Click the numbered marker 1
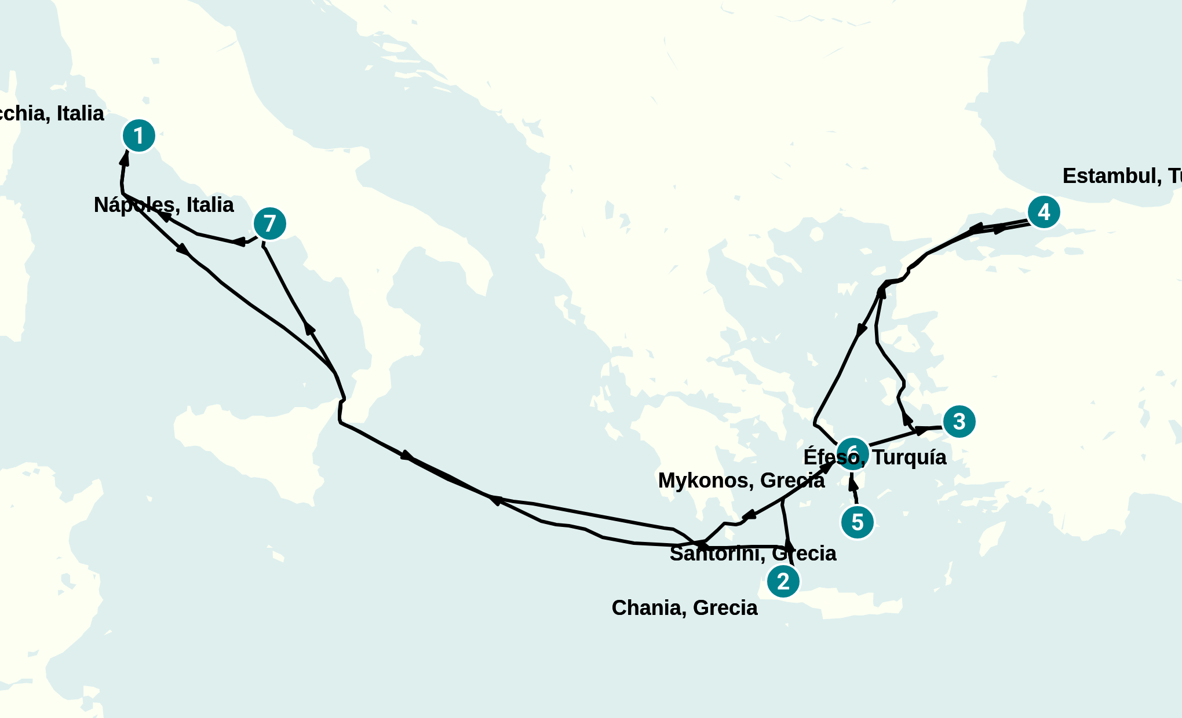coord(138,136)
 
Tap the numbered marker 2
coord(783,581)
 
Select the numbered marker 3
coord(959,422)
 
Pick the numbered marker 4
coord(1044,213)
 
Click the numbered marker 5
coord(857,522)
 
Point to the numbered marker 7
coord(269,224)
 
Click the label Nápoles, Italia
coord(163,205)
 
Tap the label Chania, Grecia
coord(684,608)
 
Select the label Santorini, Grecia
coord(753,554)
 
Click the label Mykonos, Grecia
coord(741,481)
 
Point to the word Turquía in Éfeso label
coord(909,457)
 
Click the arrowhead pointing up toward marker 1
coord(125,158)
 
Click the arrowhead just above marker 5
coord(853,482)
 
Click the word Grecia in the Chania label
coord(725,608)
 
